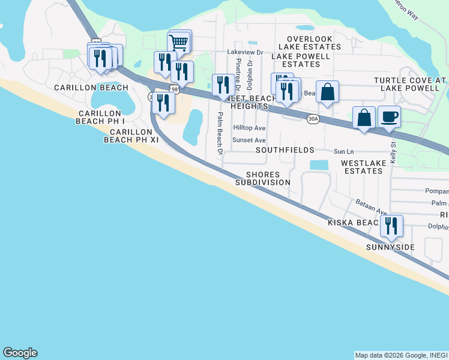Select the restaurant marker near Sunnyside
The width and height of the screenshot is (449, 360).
391,226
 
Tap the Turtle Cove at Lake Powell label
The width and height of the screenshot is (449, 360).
410,84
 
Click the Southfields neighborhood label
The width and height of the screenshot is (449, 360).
286,149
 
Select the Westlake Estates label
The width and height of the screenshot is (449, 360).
362,167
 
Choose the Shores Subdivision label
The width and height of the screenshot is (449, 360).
263,178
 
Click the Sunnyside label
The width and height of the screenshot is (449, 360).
391,247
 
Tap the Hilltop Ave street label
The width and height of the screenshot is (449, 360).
249,128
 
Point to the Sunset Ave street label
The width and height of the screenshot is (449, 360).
249,140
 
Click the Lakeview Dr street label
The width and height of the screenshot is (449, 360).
246,52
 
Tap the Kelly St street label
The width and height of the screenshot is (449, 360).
393,152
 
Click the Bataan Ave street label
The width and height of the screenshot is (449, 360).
372,208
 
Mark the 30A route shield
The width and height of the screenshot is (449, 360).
313,119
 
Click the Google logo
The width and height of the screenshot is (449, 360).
20,353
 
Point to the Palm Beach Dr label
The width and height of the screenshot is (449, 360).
220,133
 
